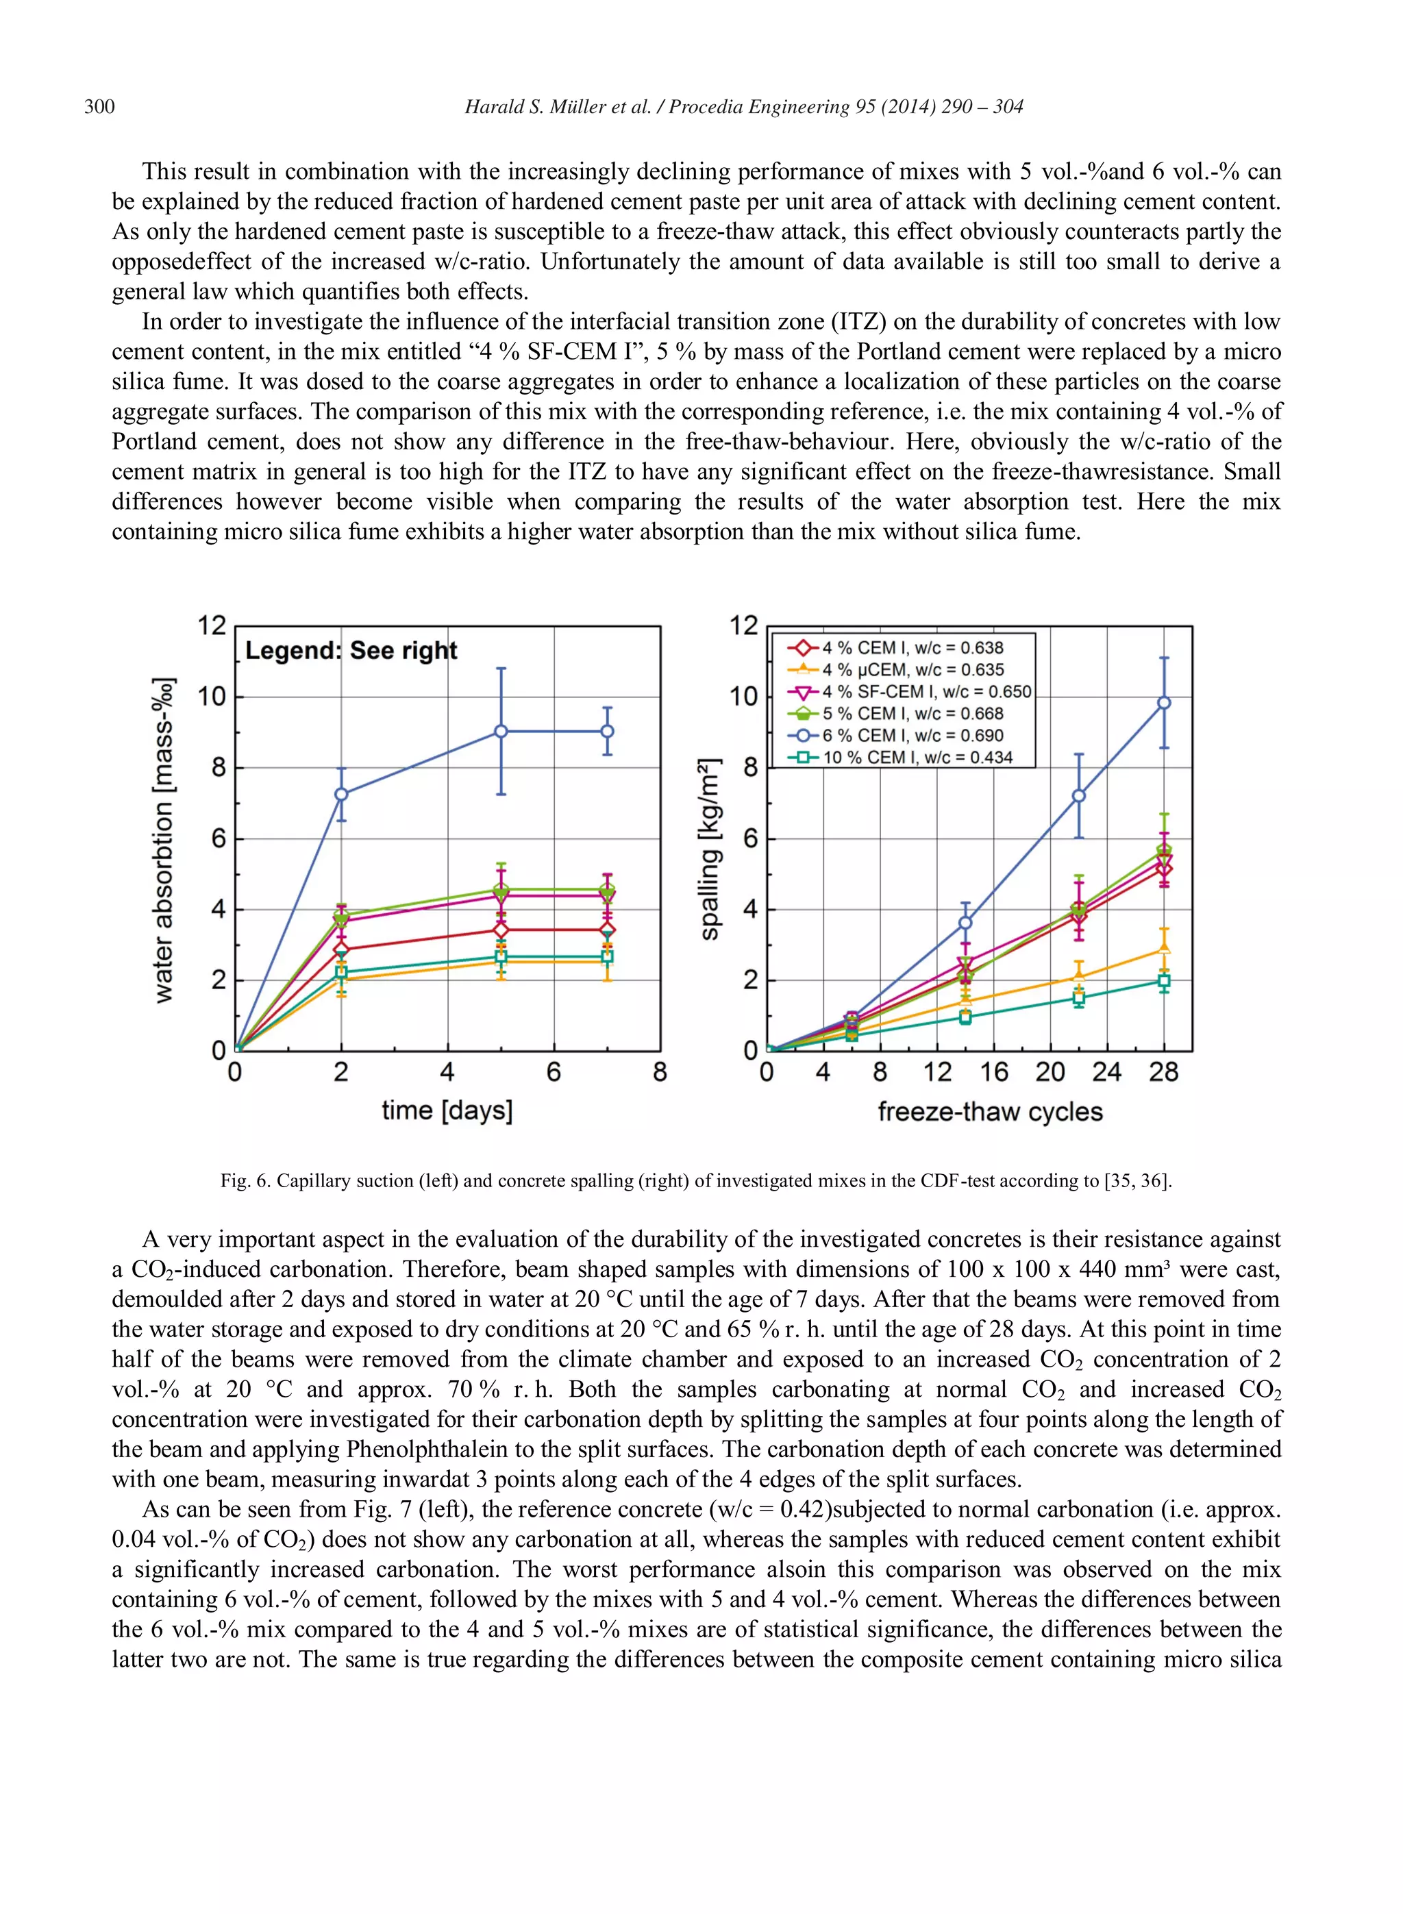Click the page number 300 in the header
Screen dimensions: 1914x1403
99,107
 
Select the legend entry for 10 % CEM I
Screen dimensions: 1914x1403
917,758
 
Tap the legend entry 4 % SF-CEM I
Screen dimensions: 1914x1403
926,692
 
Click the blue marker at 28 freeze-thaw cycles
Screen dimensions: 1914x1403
1163,702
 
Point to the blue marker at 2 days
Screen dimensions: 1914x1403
341,794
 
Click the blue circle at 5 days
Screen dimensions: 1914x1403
501,731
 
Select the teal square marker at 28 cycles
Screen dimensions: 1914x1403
1163,981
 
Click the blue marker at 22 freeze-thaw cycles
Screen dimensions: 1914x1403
1078,795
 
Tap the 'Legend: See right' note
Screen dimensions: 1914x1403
351,651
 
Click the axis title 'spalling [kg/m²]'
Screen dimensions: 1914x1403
710,849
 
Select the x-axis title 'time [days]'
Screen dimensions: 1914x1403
447,1110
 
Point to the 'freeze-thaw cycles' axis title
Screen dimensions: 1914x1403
989,1112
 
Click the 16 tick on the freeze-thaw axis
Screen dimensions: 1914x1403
993,1073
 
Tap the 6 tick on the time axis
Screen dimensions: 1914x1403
554,1073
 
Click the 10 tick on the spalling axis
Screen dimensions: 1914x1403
743,697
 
